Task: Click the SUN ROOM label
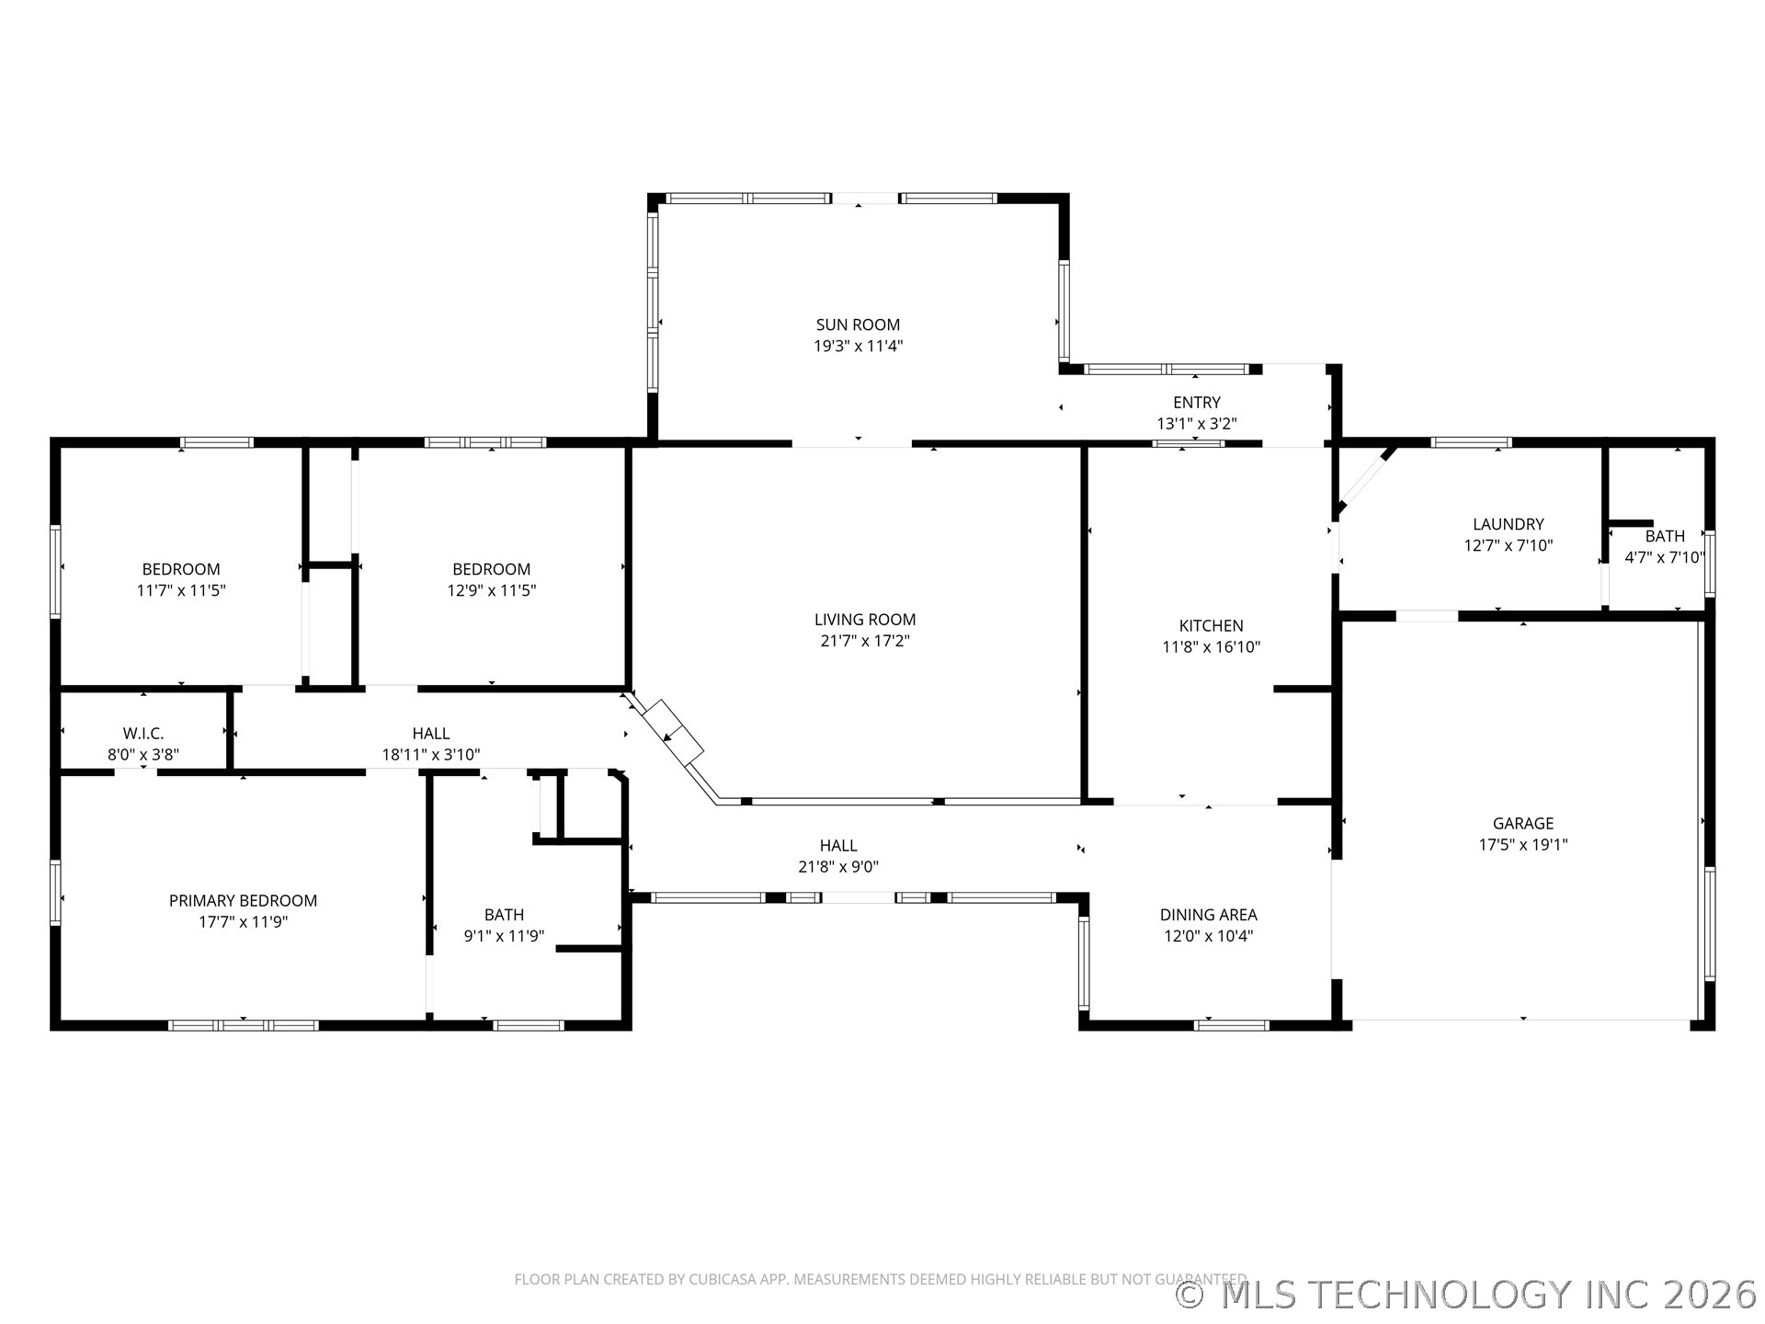(858, 325)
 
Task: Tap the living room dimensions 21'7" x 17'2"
(864, 641)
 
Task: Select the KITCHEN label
(1211, 625)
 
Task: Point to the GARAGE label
(1522, 823)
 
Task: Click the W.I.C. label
(143, 733)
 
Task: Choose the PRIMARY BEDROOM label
(243, 900)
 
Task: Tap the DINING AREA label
(1208, 914)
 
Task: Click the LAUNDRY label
(1508, 524)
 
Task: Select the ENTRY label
(1196, 402)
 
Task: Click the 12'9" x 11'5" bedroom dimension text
(491, 590)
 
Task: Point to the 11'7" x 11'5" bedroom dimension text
(181, 590)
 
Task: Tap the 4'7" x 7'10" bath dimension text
(1664, 557)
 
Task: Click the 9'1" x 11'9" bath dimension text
(504, 936)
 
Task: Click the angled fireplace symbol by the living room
(673, 732)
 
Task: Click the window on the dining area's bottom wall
(1232, 1024)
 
